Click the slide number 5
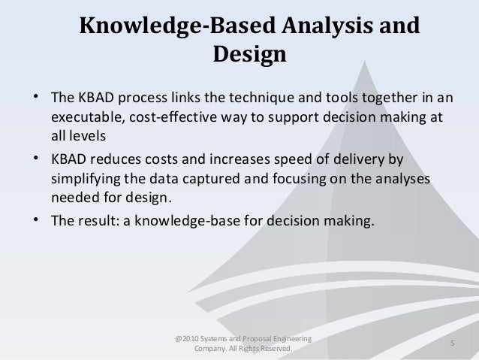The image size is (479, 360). click(453, 343)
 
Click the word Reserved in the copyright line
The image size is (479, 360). click(273, 349)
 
